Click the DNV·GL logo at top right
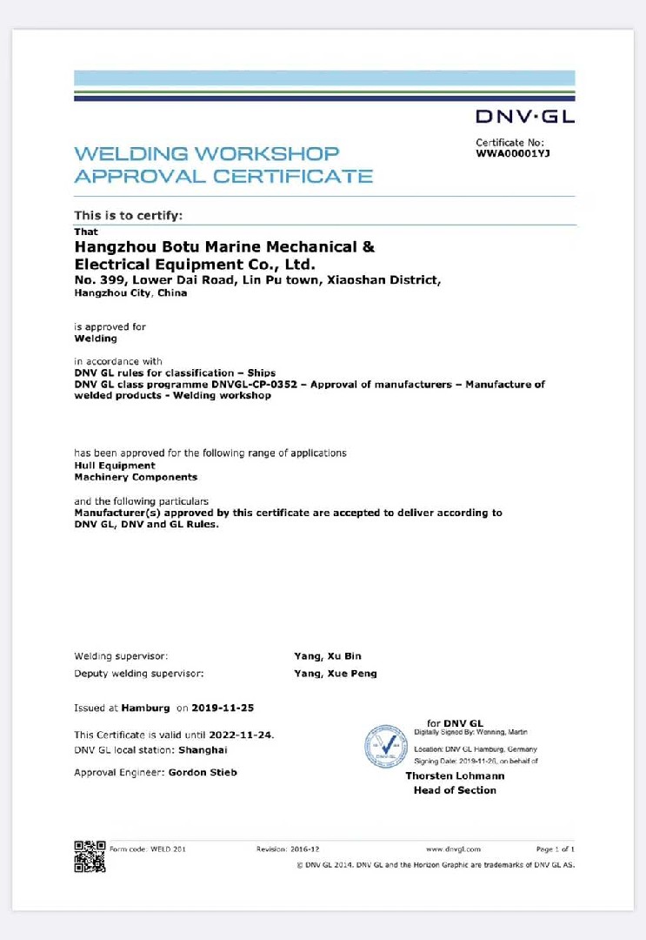click(x=524, y=116)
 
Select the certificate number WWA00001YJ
click(x=512, y=153)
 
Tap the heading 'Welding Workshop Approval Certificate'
click(x=223, y=164)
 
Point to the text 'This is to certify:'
click(x=128, y=215)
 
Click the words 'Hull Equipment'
click(x=115, y=466)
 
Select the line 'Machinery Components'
click(x=136, y=477)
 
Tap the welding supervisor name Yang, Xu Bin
click(x=328, y=656)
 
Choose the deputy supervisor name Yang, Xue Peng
click(x=336, y=674)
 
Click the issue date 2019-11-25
click(x=223, y=708)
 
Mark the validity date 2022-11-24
click(x=247, y=735)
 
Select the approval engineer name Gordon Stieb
click(x=203, y=772)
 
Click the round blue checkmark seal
click(x=386, y=746)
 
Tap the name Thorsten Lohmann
click(x=455, y=776)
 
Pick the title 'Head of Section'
click(x=455, y=790)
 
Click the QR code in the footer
click(x=90, y=856)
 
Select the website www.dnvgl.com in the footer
click(x=453, y=849)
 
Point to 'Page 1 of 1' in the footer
click(x=555, y=849)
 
